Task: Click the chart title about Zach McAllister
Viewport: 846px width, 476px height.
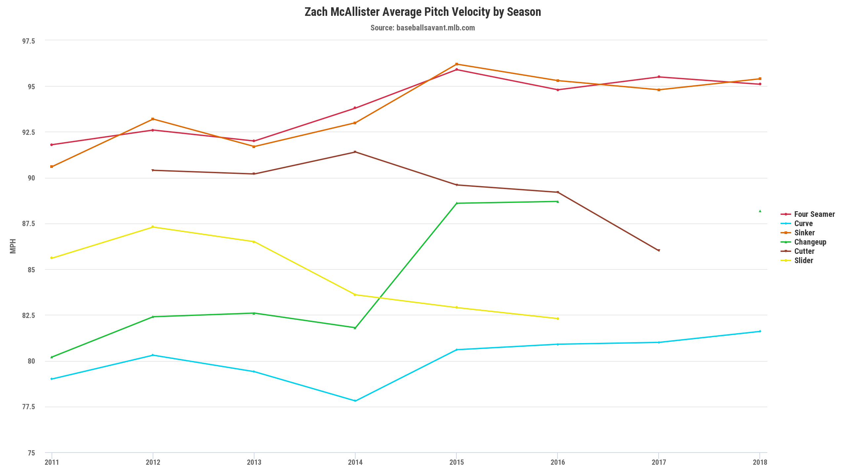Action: tap(423, 12)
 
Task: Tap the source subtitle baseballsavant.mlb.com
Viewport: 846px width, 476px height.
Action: tap(423, 28)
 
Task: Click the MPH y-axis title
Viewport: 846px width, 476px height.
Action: tap(13, 246)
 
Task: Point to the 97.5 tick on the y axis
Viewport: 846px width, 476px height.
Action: tap(28, 41)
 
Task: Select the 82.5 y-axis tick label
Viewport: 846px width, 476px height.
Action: tap(28, 315)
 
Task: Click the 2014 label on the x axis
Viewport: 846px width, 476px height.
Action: tap(355, 462)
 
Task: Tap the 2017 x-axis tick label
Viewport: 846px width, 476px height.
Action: tap(659, 462)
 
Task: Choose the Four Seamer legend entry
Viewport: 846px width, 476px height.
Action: tap(814, 214)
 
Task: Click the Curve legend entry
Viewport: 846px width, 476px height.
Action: tap(803, 223)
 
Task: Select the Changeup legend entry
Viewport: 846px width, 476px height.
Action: tap(810, 242)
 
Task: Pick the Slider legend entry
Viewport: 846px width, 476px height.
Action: tap(803, 260)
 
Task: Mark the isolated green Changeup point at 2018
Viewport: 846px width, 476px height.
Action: tap(760, 211)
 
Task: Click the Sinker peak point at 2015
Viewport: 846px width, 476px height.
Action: tap(457, 64)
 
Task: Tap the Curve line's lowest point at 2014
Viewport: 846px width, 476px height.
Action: tap(355, 401)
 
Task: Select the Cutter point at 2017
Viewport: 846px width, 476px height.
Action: tap(659, 251)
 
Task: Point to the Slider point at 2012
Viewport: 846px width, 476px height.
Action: tap(153, 227)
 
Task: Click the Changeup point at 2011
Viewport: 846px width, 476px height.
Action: tap(52, 357)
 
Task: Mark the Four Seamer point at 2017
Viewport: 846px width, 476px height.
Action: tap(659, 77)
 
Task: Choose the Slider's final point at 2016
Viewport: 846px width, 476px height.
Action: tap(558, 319)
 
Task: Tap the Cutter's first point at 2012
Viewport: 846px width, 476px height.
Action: tap(153, 170)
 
